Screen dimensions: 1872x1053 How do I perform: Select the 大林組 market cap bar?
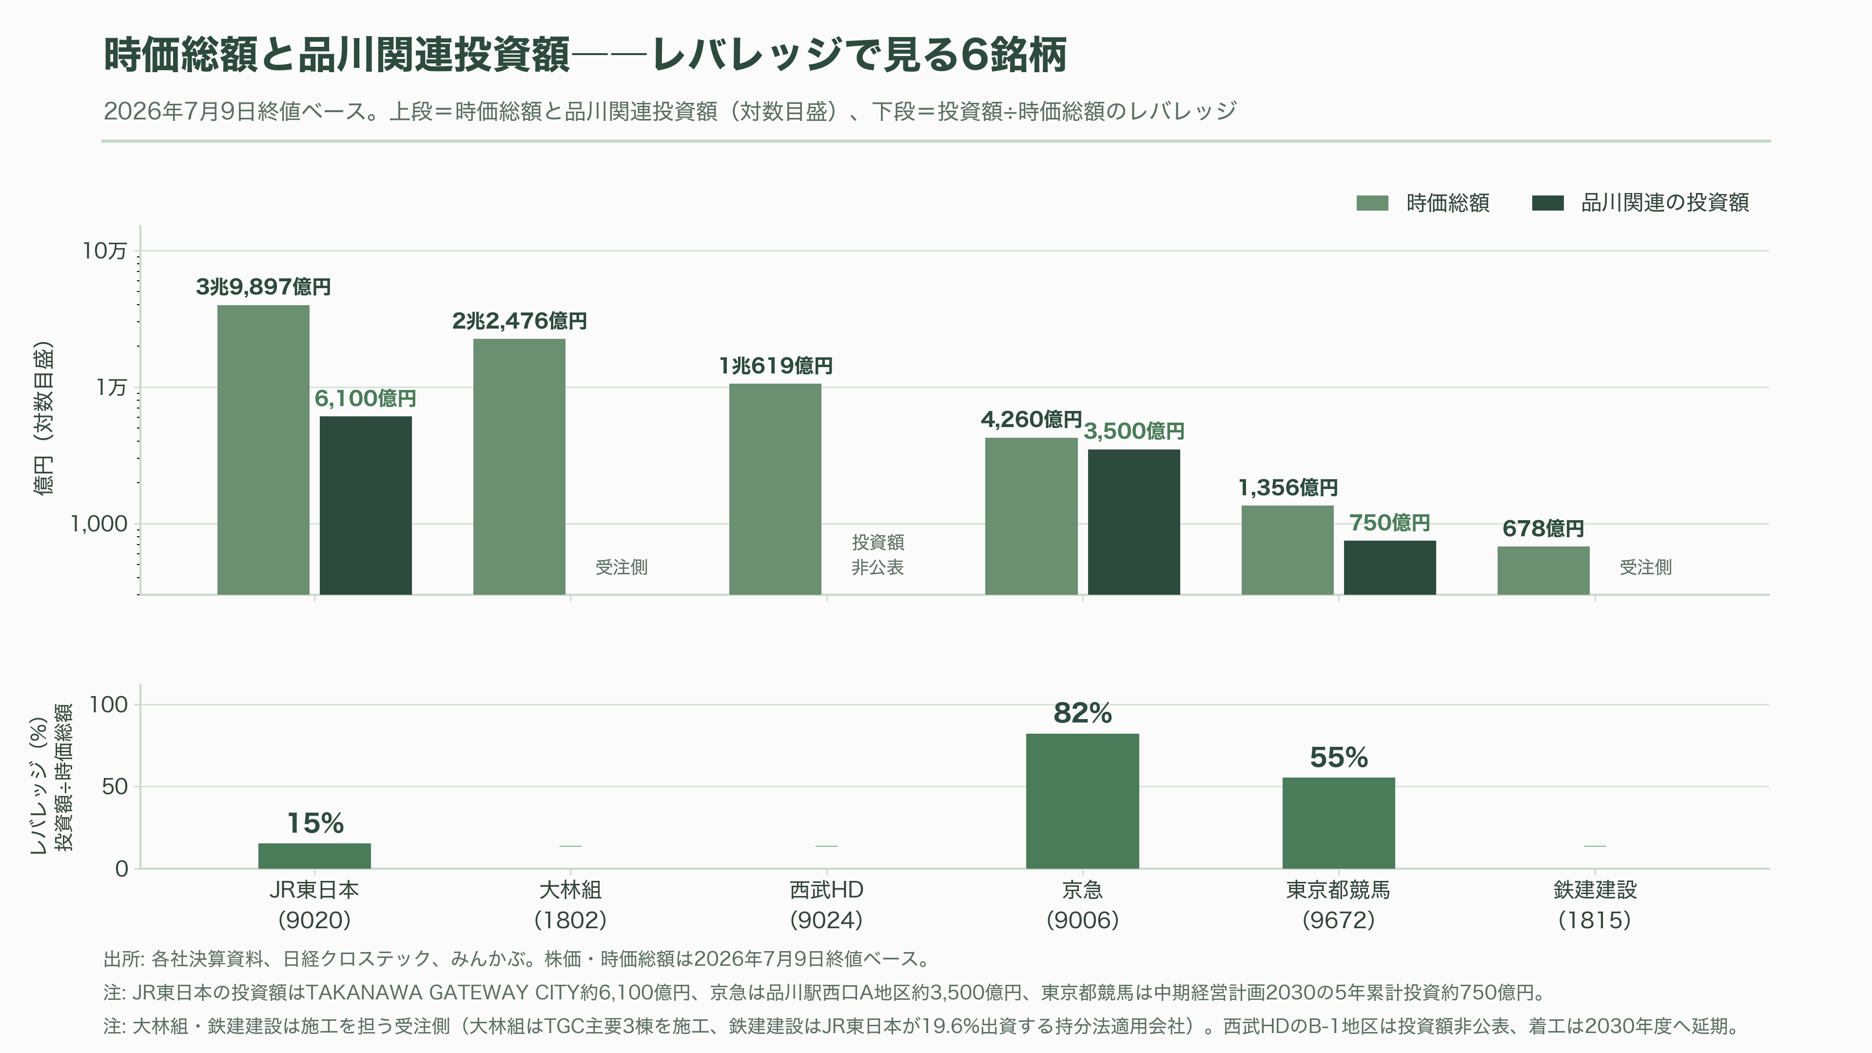coord(519,467)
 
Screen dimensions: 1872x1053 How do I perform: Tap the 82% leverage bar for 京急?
coord(1082,801)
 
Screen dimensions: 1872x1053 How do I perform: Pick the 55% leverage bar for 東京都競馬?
coord(1339,822)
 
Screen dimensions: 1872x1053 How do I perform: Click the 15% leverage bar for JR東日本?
coord(314,856)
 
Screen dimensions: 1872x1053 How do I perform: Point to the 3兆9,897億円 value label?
coord(263,287)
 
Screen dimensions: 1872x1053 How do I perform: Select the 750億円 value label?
coord(1389,523)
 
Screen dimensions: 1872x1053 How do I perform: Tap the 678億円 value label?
coord(1543,528)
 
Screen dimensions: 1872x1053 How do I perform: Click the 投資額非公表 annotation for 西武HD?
coord(878,554)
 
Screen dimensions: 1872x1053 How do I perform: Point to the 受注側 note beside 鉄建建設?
coord(1645,567)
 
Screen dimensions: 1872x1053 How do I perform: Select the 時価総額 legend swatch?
coord(1372,203)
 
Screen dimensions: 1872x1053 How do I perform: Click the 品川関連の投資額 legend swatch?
coord(1547,203)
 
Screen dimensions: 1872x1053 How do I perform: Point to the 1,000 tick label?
coord(99,524)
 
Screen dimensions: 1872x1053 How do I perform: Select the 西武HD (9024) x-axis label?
coord(826,905)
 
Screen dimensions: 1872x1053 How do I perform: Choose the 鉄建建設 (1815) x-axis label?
coord(1595,905)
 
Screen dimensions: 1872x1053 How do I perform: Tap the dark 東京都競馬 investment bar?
coord(1389,567)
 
